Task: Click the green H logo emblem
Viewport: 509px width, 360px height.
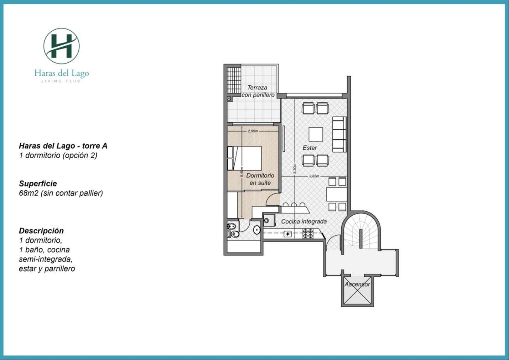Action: click(61, 46)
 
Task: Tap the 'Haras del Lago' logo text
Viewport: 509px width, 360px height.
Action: click(62, 73)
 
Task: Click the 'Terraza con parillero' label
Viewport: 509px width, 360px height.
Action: click(258, 91)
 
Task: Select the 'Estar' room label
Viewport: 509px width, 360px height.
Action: click(310, 148)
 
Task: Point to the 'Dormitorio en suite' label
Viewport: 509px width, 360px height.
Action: click(260, 179)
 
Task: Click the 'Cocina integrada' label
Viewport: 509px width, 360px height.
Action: click(304, 221)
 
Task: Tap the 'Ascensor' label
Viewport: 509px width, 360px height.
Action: click(357, 284)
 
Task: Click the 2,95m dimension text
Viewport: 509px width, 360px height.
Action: click(253, 131)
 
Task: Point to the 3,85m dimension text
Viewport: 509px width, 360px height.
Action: click(314, 176)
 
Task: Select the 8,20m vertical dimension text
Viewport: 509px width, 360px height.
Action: click(295, 169)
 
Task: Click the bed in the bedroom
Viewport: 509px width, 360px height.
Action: click(244, 158)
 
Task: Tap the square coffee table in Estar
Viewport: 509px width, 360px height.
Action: click(316, 134)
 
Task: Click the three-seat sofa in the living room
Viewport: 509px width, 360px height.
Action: click(339, 134)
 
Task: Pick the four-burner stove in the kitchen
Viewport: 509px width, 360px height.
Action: click(308, 233)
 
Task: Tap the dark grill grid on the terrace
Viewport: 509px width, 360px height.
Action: click(234, 80)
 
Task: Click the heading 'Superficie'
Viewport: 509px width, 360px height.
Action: click(38, 184)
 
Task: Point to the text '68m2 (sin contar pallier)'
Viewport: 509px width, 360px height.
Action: click(61, 193)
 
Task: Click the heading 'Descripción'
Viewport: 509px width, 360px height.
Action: click(41, 231)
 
